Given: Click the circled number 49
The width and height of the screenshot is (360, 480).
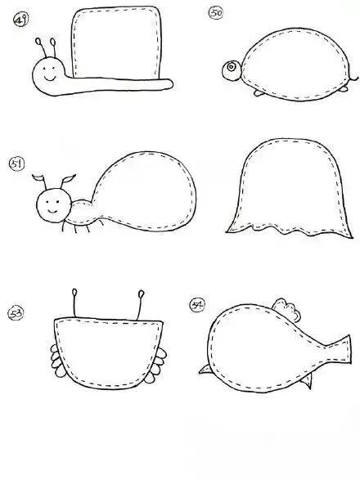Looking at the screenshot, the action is pyautogui.click(x=20, y=20).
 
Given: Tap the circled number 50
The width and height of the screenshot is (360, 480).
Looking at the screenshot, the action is pyautogui.click(x=216, y=13).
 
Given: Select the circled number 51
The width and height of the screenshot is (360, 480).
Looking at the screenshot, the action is pyautogui.click(x=16, y=164).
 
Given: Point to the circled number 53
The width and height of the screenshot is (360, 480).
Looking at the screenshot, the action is pyautogui.click(x=16, y=313).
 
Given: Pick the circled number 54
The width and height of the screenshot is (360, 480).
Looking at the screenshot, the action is pyautogui.click(x=197, y=305).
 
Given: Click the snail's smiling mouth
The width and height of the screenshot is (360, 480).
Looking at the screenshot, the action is pyautogui.click(x=50, y=78).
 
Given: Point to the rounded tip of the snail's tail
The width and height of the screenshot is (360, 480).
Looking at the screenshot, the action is pyautogui.click(x=170, y=84).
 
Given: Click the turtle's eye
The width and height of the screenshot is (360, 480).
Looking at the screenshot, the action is pyautogui.click(x=232, y=66).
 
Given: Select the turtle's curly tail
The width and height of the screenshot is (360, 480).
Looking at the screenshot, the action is pyautogui.click(x=354, y=78).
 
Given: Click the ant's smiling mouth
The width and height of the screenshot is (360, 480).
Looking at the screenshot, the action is pyautogui.click(x=52, y=211).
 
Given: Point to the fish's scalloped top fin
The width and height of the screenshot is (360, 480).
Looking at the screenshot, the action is pyautogui.click(x=286, y=309).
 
